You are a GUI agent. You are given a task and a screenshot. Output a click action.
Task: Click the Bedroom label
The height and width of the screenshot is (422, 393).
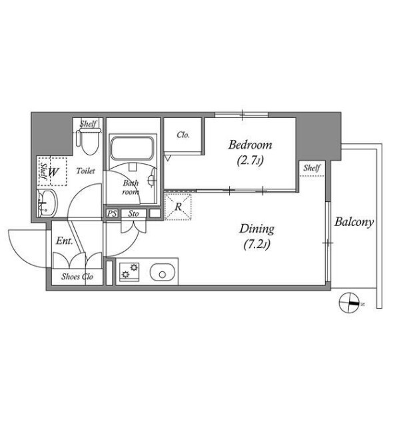tap(250, 145)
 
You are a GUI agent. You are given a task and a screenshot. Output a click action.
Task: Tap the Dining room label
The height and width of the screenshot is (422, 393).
tap(257, 229)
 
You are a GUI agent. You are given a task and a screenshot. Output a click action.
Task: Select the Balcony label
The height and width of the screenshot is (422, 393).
tap(354, 222)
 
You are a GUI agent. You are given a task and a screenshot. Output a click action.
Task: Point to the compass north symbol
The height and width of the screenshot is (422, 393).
tap(350, 303)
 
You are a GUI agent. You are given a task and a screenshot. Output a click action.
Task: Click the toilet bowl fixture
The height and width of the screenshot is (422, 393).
tap(89, 141)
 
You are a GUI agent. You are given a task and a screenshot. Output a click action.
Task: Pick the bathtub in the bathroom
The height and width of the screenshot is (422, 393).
tap(132, 148)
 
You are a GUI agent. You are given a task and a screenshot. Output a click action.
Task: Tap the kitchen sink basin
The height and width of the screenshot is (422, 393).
tap(163, 272)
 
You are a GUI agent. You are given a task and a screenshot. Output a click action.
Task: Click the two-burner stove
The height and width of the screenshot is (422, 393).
tap(129, 271)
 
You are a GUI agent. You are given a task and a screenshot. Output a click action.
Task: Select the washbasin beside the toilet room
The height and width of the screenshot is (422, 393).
tap(47, 203)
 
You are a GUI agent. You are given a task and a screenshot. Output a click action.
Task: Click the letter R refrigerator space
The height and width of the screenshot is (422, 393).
tap(178, 207)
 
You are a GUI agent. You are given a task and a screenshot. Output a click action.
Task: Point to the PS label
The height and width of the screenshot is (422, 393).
tap(112, 214)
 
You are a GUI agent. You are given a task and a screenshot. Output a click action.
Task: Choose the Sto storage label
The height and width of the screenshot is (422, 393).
tap(133, 214)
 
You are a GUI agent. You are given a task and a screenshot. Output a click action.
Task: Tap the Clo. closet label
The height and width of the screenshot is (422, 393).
tap(183, 135)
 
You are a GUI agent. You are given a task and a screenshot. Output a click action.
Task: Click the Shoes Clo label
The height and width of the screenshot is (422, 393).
tap(77, 277)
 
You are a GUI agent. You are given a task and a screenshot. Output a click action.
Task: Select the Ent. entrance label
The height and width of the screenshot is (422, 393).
tap(65, 241)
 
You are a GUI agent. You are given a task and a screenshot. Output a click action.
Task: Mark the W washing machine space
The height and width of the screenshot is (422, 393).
tap(53, 172)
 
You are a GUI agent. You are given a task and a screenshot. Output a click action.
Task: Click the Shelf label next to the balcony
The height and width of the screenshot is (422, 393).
tap(312, 168)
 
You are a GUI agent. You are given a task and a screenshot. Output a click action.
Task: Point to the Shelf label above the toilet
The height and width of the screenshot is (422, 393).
tap(88, 124)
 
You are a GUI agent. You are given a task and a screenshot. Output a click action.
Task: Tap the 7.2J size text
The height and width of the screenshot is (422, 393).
tap(257, 245)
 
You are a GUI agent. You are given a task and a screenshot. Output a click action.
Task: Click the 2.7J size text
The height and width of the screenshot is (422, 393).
tap(250, 161)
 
